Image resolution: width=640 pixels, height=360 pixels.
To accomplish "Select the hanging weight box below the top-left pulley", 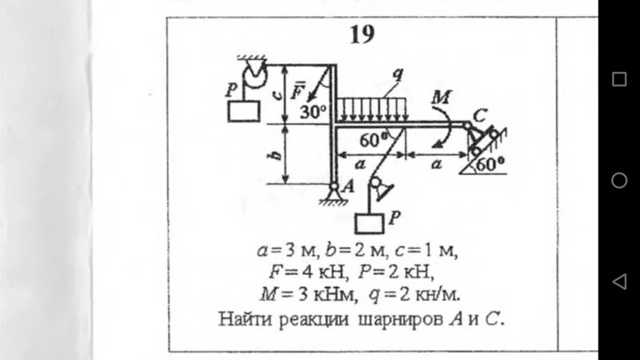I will pos(244,111).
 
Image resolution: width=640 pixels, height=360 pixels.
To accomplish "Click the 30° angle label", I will pos(314,112).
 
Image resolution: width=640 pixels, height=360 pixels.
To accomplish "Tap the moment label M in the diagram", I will pos(441,98).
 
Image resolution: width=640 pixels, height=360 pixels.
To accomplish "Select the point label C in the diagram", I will pos(479,115).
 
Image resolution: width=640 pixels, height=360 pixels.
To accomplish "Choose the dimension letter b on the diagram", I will pos(275,154).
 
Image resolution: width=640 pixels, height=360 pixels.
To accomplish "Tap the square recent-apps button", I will pos(619,78).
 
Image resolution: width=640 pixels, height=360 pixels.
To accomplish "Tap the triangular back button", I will pos(618,282).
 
